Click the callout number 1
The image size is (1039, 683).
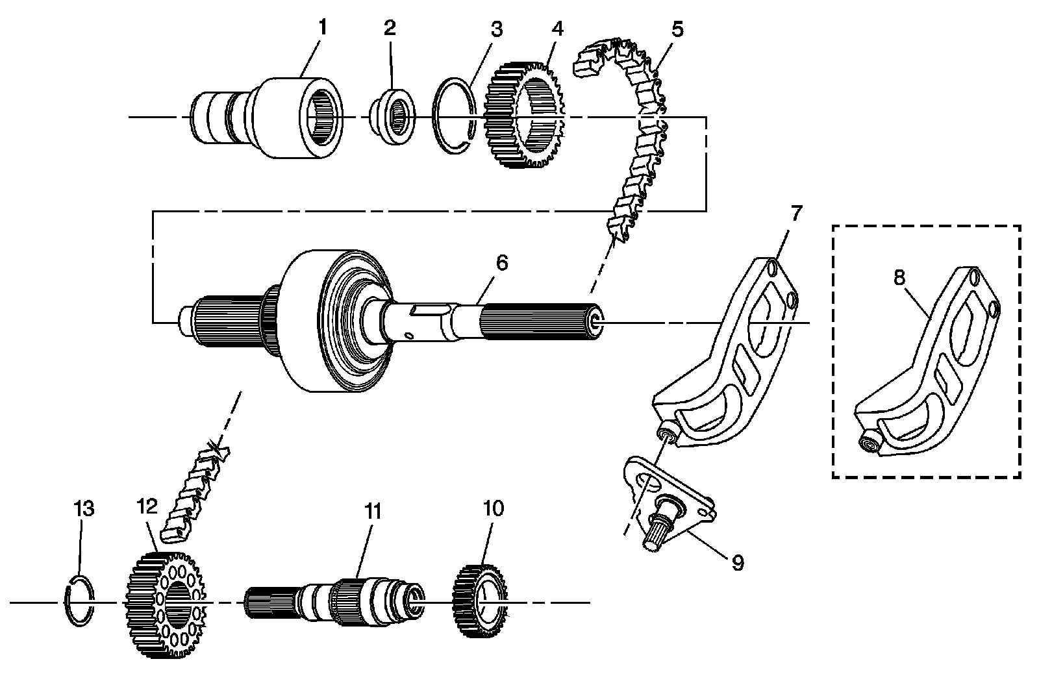[x=322, y=28]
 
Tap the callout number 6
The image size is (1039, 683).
[x=501, y=263]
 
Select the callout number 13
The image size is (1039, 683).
[x=84, y=508]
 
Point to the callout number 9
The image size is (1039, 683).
[x=737, y=562]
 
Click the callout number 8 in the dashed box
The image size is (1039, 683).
[x=899, y=277]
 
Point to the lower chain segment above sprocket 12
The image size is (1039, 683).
[x=195, y=493]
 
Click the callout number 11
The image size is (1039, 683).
[x=371, y=512]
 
